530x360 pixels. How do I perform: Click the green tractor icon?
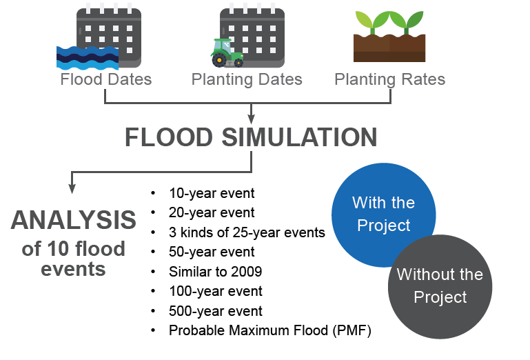[227, 53]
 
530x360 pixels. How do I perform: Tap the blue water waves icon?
[88, 58]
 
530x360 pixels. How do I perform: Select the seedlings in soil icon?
[389, 36]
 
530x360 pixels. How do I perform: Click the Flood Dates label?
[106, 79]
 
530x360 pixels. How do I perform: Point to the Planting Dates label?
[247, 80]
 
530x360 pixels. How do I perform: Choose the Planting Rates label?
[389, 80]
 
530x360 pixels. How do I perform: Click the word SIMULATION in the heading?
[299, 137]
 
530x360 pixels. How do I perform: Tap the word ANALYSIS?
[73, 220]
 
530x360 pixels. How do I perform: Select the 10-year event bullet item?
[212, 194]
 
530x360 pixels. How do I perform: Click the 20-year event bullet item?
[212, 213]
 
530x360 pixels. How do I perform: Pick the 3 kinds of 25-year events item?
[247, 232]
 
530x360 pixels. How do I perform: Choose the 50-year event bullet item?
[212, 252]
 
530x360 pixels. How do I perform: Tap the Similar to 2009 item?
[215, 272]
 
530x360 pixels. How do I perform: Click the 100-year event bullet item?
[216, 291]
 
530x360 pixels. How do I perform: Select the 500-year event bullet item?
[216, 311]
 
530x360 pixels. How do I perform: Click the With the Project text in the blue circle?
[384, 214]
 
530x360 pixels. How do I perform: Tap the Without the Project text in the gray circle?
[440, 286]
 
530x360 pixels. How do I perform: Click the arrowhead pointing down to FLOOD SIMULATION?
[251, 119]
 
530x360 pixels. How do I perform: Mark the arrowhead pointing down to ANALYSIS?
[72, 189]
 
